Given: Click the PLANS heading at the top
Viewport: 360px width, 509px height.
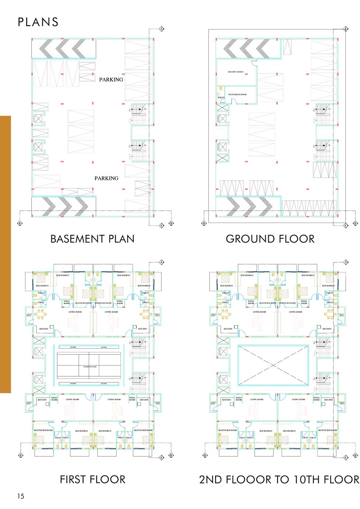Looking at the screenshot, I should [38, 22].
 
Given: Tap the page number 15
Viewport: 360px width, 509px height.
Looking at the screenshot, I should [20, 496].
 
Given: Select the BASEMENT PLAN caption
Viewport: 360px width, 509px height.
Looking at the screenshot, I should [92, 239].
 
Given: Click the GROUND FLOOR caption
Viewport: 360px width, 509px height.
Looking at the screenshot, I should [270, 239].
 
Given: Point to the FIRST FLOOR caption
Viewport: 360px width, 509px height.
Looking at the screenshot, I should [92, 480].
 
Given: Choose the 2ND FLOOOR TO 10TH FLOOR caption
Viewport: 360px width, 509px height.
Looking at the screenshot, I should [279, 480].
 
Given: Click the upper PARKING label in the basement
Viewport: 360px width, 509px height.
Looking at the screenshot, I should [111, 79].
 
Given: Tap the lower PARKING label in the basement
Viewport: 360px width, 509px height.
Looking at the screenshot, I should [106, 178].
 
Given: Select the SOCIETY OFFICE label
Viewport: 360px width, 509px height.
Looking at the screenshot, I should [236, 72].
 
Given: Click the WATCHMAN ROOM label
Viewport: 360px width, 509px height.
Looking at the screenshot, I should [237, 94].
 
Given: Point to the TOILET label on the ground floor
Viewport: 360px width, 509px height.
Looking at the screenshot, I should [221, 98].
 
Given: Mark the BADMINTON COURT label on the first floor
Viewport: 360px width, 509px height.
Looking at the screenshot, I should [90, 366].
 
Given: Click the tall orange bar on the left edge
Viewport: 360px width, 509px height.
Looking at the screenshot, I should [6, 254].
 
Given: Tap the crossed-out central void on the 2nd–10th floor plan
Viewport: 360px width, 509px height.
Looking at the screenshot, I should [273, 365].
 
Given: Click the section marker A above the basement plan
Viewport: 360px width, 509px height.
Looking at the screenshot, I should [161, 29].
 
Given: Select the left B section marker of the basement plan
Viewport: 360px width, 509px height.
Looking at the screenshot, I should [20, 223].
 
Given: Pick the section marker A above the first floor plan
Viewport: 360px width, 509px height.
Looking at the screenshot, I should [161, 262].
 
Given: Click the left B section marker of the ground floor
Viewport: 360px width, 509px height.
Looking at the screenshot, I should [204, 223].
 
